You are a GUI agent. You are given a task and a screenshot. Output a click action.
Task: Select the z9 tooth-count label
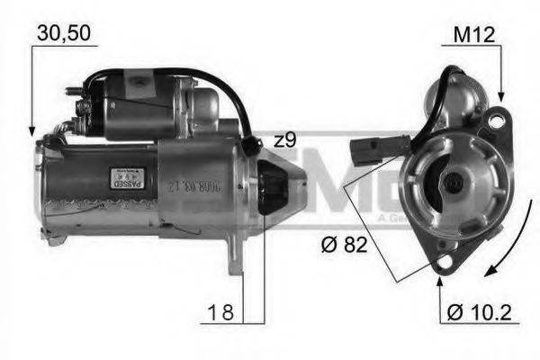(284, 140)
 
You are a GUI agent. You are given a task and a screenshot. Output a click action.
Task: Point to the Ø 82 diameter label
(344, 244)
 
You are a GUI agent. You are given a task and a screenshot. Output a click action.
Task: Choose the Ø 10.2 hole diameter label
(481, 313)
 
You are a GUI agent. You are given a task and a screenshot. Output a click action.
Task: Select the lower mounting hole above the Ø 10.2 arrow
(440, 262)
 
